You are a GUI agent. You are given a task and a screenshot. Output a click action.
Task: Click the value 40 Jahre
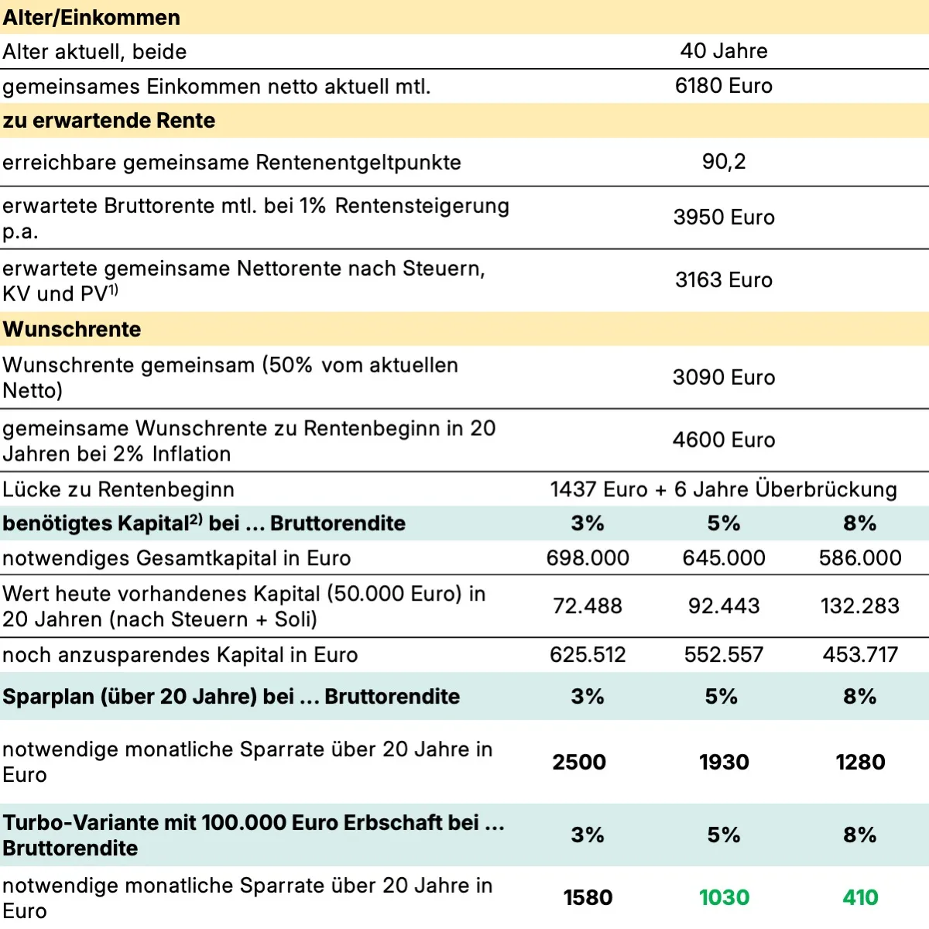pyautogui.click(x=724, y=51)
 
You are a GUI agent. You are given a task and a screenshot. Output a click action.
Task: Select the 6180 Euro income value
pyautogui.click(x=724, y=86)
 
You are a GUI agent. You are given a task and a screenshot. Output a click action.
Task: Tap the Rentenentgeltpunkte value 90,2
pyautogui.click(x=724, y=162)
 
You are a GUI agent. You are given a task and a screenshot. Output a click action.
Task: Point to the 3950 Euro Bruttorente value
pyautogui.click(x=724, y=218)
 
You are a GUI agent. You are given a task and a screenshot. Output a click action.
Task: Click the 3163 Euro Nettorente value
pyautogui.click(x=724, y=280)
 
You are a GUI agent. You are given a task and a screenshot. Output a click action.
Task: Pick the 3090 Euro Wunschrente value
pyautogui.click(x=724, y=378)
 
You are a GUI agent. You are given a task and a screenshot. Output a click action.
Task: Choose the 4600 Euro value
pyautogui.click(x=724, y=441)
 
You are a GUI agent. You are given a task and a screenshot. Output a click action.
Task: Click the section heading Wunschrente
pyautogui.click(x=72, y=330)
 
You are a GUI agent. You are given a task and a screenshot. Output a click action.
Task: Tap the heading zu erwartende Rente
pyautogui.click(x=109, y=121)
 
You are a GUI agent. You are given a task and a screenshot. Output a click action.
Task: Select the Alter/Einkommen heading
pyautogui.click(x=91, y=18)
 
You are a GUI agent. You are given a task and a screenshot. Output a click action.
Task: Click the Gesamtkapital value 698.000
pyautogui.click(x=588, y=558)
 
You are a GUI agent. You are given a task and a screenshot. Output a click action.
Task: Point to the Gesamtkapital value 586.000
pyautogui.click(x=860, y=558)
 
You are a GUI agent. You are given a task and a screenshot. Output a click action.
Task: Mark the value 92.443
pyautogui.click(x=724, y=606)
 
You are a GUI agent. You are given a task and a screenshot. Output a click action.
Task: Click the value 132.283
pyautogui.click(x=860, y=606)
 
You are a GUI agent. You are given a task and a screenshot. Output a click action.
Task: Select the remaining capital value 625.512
pyautogui.click(x=588, y=656)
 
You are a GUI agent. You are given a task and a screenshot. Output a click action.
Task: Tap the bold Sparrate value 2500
pyautogui.click(x=579, y=763)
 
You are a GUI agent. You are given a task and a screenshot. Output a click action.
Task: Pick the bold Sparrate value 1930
pyautogui.click(x=724, y=763)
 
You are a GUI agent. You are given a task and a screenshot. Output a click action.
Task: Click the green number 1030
pyautogui.click(x=724, y=898)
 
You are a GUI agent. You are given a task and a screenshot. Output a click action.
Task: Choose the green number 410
pyautogui.click(x=860, y=898)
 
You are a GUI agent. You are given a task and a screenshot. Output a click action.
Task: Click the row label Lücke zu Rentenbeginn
pyautogui.click(x=118, y=490)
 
